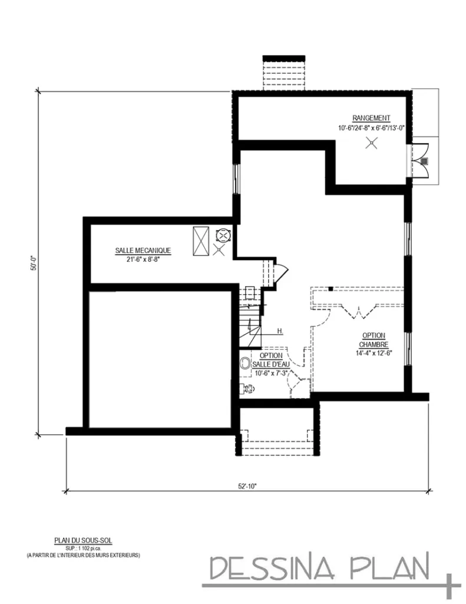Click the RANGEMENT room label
(371, 117)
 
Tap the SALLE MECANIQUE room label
(143, 251)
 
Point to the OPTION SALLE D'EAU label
(271, 360)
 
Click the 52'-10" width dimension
(247, 486)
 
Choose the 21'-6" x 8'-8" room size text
(143, 259)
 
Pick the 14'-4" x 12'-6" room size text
(374, 353)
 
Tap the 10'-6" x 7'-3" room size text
(270, 373)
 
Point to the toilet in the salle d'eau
(248, 388)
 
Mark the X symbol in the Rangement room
(371, 143)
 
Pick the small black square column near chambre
(332, 289)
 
